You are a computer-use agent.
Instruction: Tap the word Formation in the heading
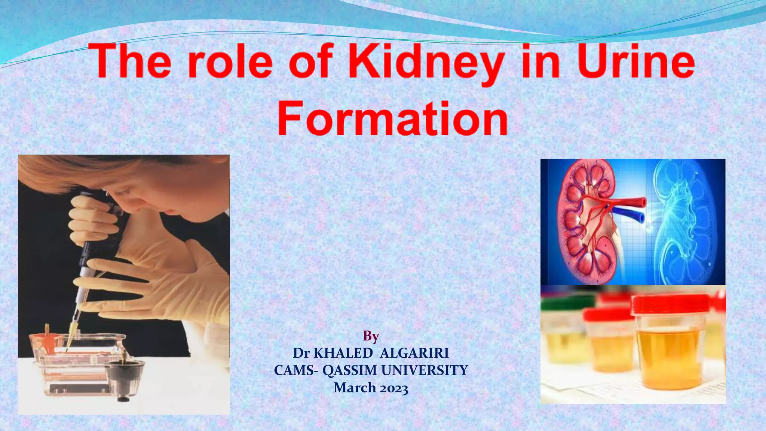(393, 119)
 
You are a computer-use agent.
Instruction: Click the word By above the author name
(371, 336)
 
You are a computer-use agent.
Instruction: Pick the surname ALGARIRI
(414, 353)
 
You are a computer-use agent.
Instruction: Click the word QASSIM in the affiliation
(350, 370)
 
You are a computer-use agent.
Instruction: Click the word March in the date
(355, 388)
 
